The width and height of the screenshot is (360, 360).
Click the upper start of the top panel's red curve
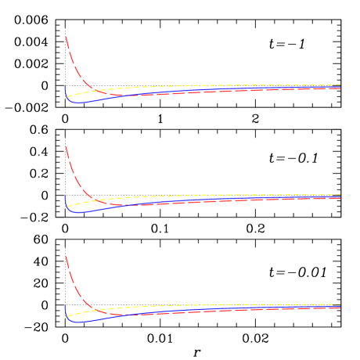tap(66, 36)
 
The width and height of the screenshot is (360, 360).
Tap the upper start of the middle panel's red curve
tap(66, 143)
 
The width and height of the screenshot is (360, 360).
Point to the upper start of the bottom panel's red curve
tap(66, 256)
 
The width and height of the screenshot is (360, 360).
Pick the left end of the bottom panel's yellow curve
tap(68, 317)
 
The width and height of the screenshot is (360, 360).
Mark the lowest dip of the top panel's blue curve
tap(77, 103)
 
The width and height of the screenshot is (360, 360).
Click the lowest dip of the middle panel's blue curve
tap(77, 213)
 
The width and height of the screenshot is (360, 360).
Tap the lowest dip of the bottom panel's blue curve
tap(77, 322)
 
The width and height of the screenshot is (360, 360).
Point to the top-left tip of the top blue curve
tap(65, 85)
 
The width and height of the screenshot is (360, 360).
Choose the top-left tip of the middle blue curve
tap(65, 195)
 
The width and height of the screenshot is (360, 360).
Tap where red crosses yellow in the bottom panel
tap(95, 309)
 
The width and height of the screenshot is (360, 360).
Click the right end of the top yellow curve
tap(340, 85)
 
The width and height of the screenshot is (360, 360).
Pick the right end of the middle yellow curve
tap(340, 194)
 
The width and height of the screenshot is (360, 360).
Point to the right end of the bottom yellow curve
tap(340, 304)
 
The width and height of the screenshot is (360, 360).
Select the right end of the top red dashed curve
tap(340, 88)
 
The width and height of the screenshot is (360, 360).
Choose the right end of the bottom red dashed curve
tap(340, 308)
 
